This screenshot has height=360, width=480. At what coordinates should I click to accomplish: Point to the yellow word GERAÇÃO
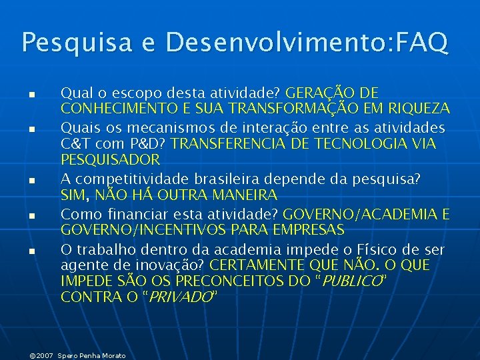318,92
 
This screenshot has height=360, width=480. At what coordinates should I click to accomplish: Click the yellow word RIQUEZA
419,108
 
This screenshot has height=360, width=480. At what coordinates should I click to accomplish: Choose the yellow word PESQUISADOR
111,160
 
